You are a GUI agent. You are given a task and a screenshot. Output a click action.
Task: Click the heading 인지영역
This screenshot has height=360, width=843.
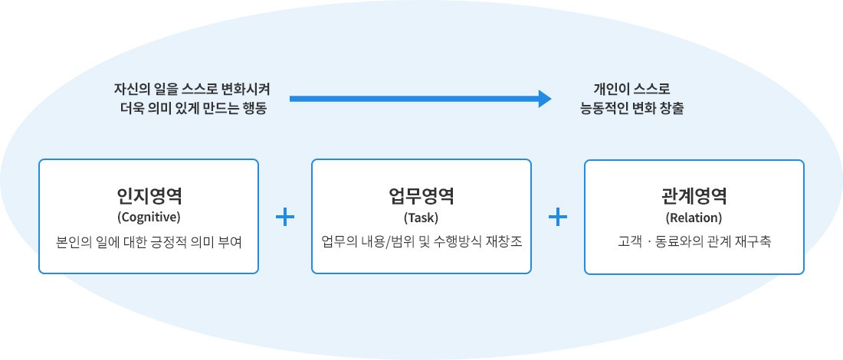point(149,195)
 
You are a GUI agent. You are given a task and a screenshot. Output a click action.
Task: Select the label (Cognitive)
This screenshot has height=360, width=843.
point(149,217)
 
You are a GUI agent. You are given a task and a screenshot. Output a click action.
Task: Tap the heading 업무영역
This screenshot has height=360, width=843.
point(421,195)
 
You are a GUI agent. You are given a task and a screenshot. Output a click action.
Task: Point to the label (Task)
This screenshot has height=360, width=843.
point(421,217)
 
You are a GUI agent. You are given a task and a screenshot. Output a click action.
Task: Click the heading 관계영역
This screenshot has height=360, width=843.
point(694,195)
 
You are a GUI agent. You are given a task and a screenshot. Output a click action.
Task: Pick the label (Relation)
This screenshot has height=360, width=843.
point(694,217)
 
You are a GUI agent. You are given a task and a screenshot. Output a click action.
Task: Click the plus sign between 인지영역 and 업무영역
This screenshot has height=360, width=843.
point(285,218)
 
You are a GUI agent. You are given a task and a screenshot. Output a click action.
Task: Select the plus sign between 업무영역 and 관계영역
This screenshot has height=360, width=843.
point(558,218)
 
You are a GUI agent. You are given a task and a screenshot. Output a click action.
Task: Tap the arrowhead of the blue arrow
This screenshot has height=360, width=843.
point(544,98)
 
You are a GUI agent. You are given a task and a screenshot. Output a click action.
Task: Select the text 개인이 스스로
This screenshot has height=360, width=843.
point(632,89)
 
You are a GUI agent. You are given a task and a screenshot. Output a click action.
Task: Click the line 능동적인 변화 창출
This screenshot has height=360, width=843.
point(632,109)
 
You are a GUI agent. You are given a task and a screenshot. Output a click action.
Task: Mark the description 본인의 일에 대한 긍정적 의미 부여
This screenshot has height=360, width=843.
point(149,242)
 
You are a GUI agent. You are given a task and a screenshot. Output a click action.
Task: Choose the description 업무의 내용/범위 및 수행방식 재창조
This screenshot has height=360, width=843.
point(421,242)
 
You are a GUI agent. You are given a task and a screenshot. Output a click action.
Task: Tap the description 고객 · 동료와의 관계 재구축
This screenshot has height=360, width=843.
point(694,242)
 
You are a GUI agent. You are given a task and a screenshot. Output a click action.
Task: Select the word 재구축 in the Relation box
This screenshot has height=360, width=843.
point(753,242)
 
